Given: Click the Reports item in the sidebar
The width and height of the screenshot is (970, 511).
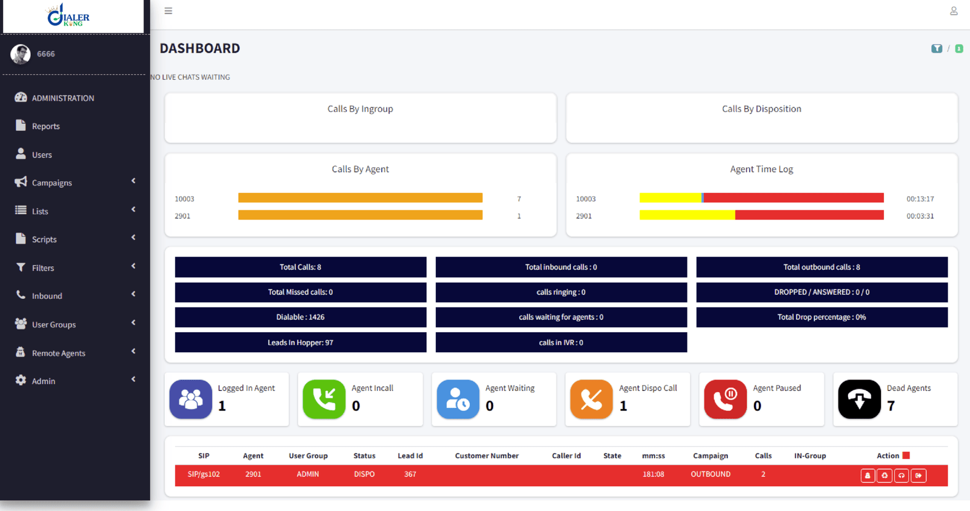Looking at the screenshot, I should pos(45,126).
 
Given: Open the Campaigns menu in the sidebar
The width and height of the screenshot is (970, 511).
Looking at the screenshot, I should pos(52,182).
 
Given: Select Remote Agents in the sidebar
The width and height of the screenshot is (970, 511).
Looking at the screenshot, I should pos(58,353).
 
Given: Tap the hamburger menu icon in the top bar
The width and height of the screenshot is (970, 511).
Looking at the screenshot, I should pos(169,11).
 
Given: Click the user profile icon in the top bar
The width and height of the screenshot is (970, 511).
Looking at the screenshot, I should pos(954,11).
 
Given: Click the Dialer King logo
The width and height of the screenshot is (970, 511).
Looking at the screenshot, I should pos(69,15).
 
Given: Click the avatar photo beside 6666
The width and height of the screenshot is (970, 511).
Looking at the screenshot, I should pos(21,54).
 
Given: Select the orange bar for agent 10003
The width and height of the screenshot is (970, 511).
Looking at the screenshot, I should pos(360,198).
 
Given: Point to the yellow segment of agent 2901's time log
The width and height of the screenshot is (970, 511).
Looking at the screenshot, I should pos(687,215).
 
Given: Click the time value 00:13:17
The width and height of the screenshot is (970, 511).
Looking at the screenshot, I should pos(920,199).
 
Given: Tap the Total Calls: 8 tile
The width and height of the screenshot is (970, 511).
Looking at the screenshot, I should pos(301,267).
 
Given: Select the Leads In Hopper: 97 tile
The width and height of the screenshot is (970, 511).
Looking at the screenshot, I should pos(301,342).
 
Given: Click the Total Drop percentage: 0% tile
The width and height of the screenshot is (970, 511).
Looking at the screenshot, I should pos(821,317).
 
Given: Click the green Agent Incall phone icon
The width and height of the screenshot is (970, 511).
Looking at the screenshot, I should pos(324,399).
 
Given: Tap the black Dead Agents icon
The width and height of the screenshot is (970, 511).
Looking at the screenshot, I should pos(859,399).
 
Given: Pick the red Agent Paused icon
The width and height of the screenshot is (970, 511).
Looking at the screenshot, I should pos(725,399).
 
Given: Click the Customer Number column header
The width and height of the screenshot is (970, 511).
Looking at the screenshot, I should pos(487,456).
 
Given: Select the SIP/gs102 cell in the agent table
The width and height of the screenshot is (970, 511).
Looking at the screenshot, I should pos(204,474).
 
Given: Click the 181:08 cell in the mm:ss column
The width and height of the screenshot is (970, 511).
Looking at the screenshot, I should pos(653,474).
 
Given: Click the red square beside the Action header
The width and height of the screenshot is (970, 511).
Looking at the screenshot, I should pos(906,455).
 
